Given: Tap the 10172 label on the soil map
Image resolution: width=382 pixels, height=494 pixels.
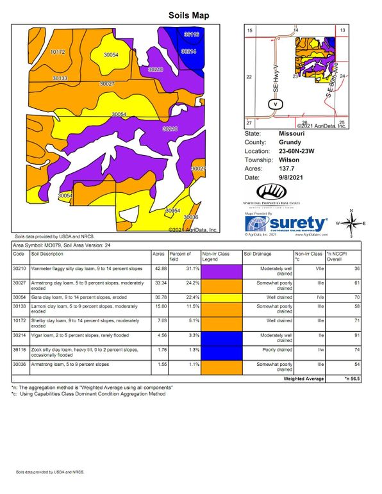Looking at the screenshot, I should (x=57, y=51).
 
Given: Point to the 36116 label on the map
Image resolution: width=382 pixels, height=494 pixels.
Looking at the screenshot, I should (x=191, y=33).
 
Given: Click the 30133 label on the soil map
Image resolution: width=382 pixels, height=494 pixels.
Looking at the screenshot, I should (x=60, y=78).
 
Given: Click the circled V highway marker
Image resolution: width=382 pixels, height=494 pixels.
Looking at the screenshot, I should (x=274, y=104).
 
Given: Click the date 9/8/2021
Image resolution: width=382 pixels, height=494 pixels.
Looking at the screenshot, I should (x=290, y=177).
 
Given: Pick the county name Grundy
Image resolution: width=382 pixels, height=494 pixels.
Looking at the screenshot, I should (x=290, y=142).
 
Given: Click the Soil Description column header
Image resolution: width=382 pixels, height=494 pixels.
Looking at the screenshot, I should (x=53, y=254).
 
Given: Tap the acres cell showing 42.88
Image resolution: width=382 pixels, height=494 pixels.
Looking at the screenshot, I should (x=158, y=270).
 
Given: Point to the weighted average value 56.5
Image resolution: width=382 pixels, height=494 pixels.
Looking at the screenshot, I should (x=353, y=379).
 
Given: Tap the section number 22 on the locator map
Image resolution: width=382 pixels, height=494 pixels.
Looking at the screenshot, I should (x=250, y=76).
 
